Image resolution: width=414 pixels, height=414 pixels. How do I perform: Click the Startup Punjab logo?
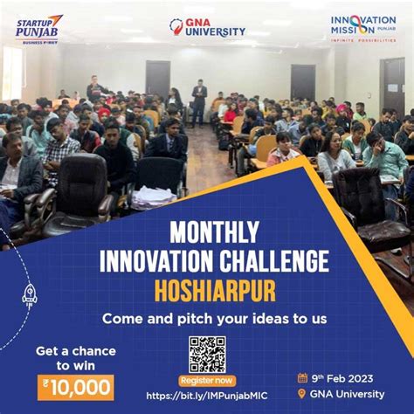pyautogui.click(x=38, y=28)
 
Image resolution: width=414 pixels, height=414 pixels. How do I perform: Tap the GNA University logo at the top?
pyautogui.click(x=207, y=28)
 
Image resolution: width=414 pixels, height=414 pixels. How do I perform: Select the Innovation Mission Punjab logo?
pyautogui.click(x=362, y=29)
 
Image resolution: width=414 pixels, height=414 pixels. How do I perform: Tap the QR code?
pyautogui.click(x=207, y=354)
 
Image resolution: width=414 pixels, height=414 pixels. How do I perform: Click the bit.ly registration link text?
pyautogui.click(x=207, y=396)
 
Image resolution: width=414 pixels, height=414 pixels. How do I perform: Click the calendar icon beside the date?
pyautogui.click(x=302, y=378)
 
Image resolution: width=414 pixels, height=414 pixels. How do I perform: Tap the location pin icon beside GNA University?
pyautogui.click(x=303, y=395)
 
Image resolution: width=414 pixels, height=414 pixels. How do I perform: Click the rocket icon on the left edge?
pyautogui.click(x=29, y=297)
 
